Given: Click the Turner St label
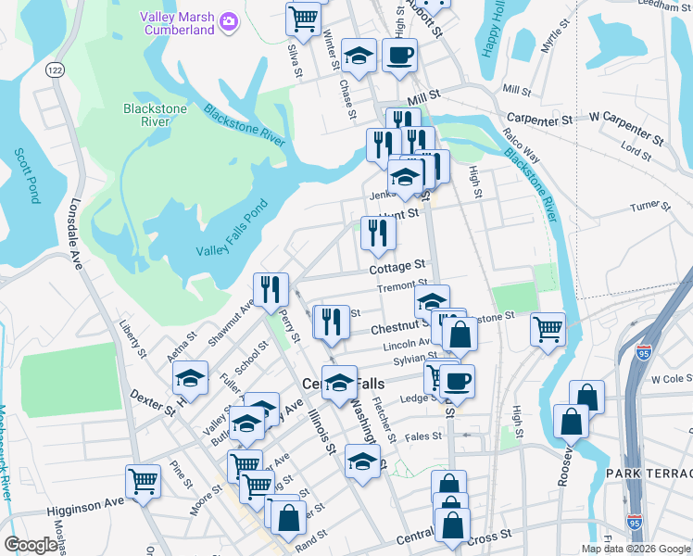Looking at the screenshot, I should (x=649, y=206).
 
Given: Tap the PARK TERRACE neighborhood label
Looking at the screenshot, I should (x=649, y=474).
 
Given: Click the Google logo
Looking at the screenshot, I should (x=30, y=545).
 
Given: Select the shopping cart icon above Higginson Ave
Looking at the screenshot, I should (x=143, y=481).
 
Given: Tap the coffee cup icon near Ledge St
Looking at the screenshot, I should (x=456, y=379).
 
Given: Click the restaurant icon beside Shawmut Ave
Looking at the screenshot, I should (x=271, y=289).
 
